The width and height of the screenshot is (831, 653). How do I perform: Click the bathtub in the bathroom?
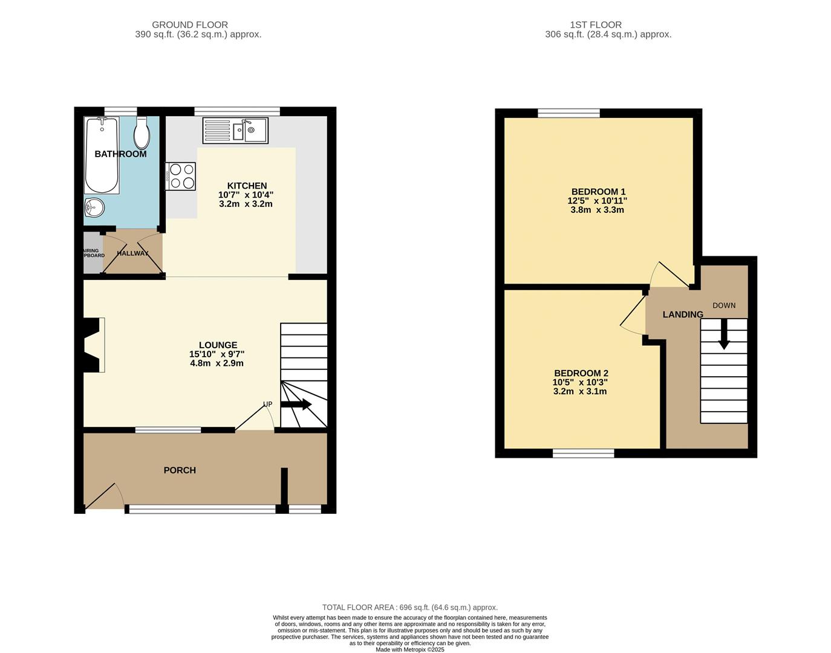coord(102,155)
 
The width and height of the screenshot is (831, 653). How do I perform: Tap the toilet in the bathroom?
coord(142,133)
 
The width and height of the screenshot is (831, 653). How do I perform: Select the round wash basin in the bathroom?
coord(94,208)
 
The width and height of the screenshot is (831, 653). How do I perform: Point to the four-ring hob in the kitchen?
coord(181,176)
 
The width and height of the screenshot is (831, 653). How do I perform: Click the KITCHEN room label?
coord(247,186)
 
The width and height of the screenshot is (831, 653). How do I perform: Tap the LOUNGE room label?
coord(218,345)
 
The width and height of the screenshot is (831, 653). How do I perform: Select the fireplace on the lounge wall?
coord(93,345)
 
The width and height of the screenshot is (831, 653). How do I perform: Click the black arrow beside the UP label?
coord(296,404)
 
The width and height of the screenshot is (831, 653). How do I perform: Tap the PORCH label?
coord(180,470)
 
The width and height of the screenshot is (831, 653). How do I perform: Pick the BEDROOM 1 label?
coord(598,192)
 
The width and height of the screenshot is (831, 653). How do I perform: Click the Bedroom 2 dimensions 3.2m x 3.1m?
coord(580,391)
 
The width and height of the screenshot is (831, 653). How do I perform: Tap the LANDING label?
coord(683,314)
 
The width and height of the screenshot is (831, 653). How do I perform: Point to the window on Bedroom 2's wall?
coord(584,453)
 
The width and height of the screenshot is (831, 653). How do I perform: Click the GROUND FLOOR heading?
coord(190,25)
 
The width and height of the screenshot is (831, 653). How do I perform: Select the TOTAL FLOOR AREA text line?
coord(409,608)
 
